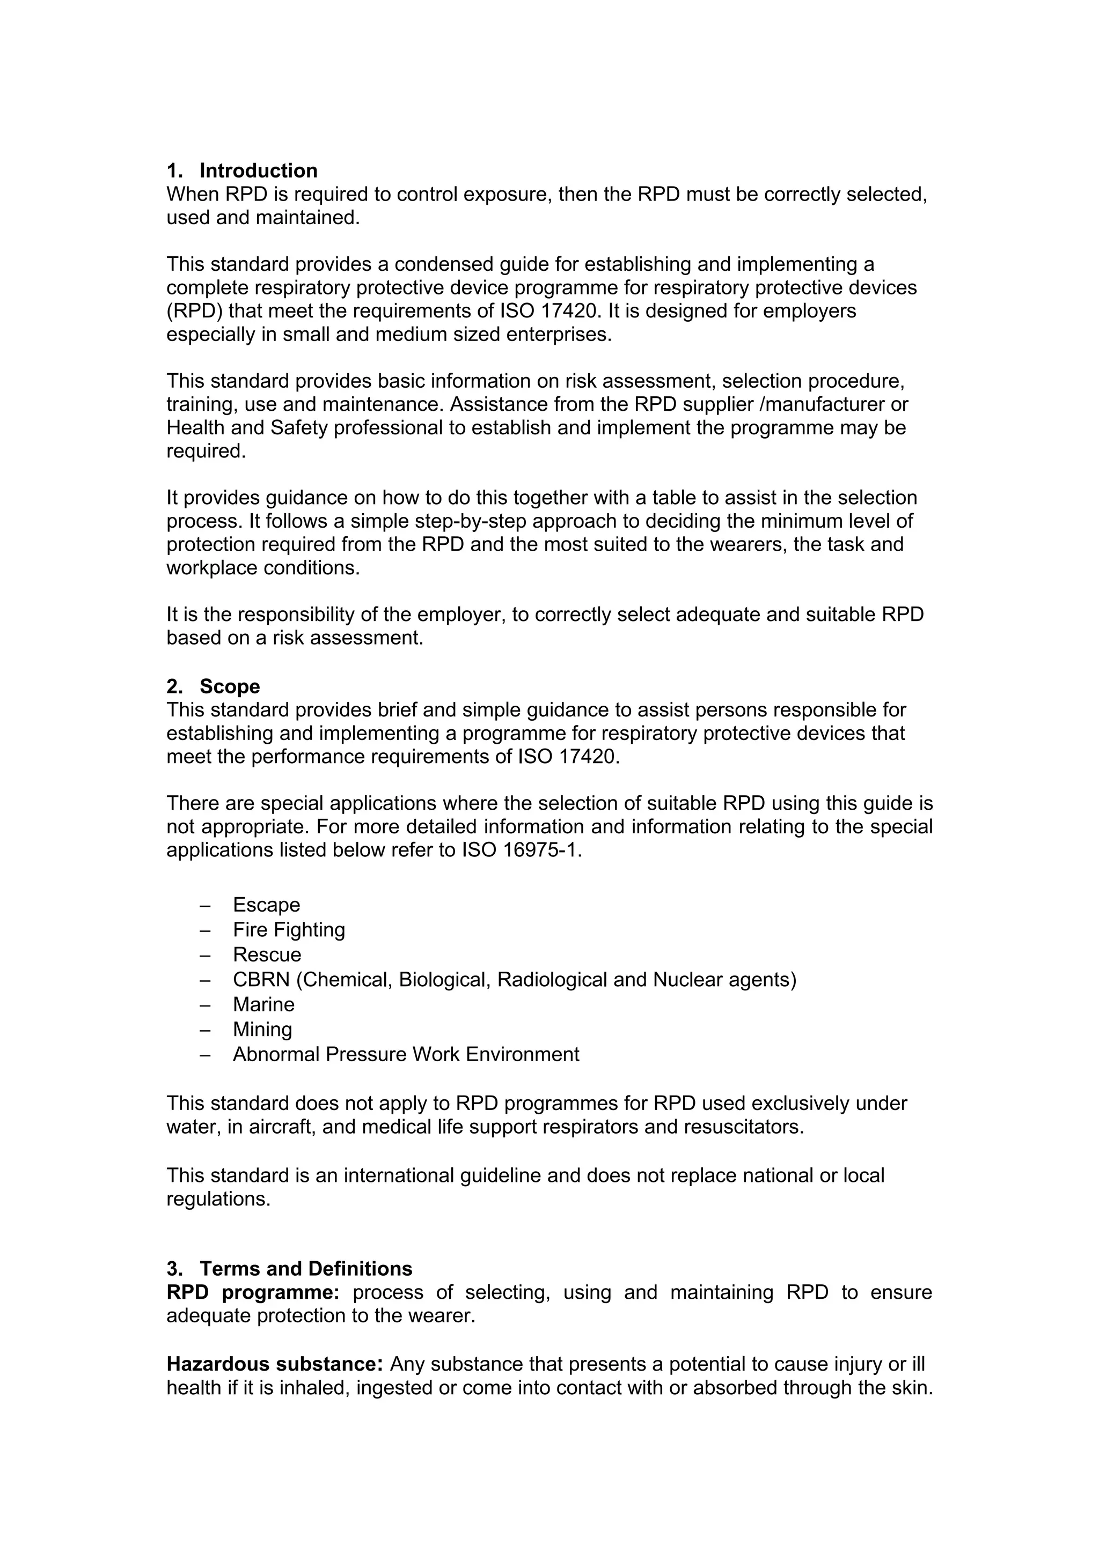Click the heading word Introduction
pos(258,171)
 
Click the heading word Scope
pos(230,686)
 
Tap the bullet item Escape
pos(266,905)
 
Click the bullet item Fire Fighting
pos(289,930)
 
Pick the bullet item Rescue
pos(267,954)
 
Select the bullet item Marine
pos(263,1004)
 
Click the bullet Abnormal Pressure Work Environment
pos(406,1054)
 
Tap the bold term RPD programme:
pos(253,1292)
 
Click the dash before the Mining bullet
pos(205,1030)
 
